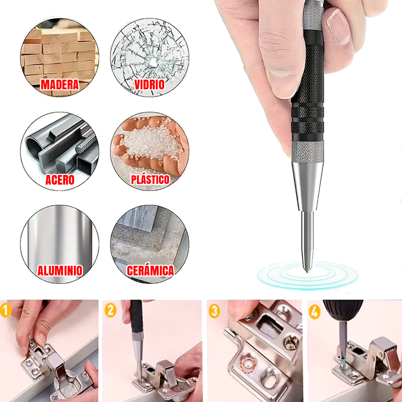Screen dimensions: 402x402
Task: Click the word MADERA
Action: (60, 84)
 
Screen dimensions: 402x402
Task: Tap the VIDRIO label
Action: (150, 84)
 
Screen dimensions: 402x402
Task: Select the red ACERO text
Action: (60, 180)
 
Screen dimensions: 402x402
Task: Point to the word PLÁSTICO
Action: (150, 179)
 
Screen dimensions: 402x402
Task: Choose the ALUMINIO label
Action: (60, 271)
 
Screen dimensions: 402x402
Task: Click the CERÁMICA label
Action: (150, 271)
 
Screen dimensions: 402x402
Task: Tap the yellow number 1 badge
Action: (6, 310)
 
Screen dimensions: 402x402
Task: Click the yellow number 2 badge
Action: (110, 310)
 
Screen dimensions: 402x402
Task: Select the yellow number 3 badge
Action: (214, 311)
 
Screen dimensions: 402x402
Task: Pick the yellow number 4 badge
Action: (315, 312)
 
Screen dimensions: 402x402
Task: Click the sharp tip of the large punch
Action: (307, 271)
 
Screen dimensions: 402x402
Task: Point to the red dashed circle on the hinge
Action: (248, 363)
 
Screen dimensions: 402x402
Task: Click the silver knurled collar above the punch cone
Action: (307, 152)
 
